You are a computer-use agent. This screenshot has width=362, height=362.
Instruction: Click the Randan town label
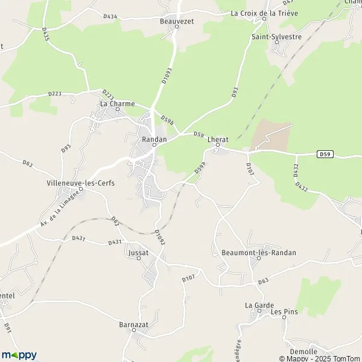(153, 139)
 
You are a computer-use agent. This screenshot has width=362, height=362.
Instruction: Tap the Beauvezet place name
(177, 19)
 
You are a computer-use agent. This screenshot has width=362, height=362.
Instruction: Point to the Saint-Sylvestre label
(276, 37)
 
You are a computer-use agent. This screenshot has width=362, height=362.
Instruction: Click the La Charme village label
(117, 103)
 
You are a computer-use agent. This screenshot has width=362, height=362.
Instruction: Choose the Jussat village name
(138, 253)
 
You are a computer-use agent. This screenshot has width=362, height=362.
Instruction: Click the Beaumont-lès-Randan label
(259, 253)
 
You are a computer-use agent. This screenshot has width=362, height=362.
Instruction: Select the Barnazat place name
(133, 324)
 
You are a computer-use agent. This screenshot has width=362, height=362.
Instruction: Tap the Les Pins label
(284, 312)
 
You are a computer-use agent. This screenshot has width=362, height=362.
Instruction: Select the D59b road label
(167, 120)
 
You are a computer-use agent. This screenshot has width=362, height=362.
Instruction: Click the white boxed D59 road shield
(325, 154)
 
